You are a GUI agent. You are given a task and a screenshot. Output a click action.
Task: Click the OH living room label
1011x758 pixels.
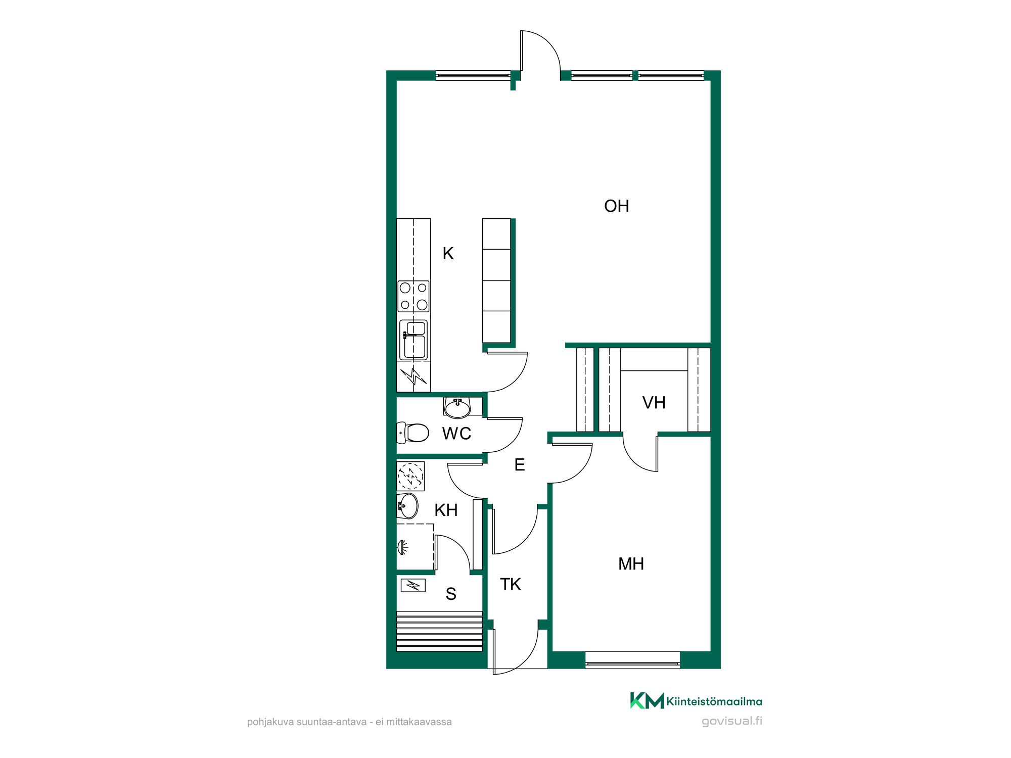616,206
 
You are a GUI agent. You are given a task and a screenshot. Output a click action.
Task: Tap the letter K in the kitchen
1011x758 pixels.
448,253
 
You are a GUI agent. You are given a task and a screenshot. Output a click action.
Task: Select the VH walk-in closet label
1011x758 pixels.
654,403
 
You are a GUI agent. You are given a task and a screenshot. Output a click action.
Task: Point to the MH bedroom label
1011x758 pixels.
631,564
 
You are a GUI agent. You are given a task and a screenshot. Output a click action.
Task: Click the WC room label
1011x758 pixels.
456,434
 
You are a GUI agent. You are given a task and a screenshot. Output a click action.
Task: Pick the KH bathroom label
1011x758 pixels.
446,510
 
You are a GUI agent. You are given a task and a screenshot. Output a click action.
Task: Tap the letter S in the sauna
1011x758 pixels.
451,594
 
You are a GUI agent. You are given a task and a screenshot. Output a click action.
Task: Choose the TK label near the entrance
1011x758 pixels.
510,585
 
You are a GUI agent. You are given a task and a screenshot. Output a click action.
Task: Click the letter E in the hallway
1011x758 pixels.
519,465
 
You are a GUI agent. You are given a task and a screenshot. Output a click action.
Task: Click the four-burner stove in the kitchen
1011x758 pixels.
413,296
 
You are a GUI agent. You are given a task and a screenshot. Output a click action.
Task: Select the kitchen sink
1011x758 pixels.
413,340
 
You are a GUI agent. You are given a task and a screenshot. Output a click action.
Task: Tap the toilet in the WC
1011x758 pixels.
412,433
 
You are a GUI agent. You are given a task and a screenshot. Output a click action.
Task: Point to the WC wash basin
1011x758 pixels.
457,408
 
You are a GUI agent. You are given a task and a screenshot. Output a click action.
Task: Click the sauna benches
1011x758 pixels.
439,631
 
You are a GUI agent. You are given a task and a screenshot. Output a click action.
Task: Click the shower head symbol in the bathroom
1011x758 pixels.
402,547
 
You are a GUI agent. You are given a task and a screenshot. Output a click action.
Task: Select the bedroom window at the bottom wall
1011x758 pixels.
632,660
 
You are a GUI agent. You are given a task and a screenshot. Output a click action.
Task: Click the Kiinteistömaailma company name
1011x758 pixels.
714,701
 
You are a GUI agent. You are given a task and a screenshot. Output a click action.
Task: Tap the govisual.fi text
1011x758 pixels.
732,721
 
